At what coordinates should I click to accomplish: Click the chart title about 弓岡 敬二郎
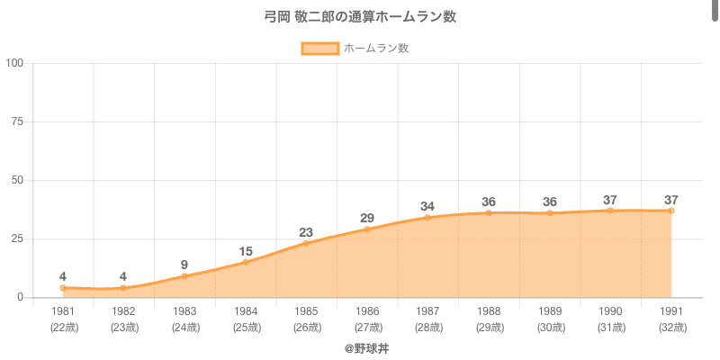click(360, 17)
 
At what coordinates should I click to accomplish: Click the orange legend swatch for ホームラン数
click(319, 49)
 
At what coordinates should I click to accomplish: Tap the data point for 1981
click(63, 288)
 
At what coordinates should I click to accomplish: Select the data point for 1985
click(306, 243)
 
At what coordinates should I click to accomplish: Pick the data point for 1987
click(427, 217)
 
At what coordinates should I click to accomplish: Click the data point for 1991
click(671, 211)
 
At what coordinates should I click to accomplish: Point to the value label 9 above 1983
click(184, 265)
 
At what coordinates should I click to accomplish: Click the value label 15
click(246, 251)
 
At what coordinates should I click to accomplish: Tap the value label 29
click(367, 218)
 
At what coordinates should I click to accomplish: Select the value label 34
click(427, 206)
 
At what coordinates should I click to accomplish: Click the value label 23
click(306, 232)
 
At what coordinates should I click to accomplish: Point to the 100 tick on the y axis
click(14, 63)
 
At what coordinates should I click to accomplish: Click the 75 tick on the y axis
click(17, 121)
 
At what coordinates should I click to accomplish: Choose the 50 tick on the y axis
click(17, 180)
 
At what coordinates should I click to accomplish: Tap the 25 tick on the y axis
click(17, 238)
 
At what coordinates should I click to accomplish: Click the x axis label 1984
click(246, 311)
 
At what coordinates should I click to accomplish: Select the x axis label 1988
click(489, 311)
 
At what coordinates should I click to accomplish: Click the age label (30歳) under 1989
click(550, 328)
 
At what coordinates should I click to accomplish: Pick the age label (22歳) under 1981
click(63, 328)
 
